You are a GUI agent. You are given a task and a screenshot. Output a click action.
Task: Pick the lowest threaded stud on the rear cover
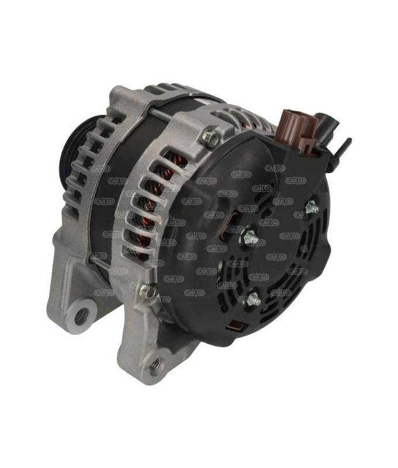pyautogui.click(x=252, y=300)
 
